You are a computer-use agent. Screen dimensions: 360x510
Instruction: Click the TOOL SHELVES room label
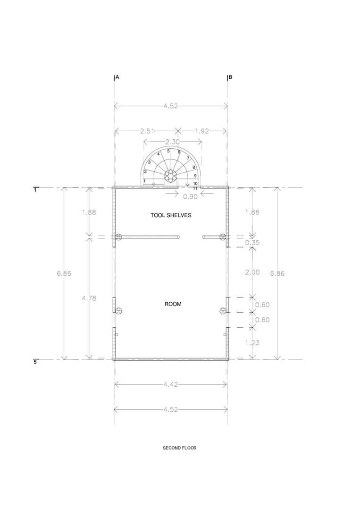click(171, 215)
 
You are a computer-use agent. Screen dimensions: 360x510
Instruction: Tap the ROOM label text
click(173, 304)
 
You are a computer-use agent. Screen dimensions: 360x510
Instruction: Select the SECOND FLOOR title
click(180, 448)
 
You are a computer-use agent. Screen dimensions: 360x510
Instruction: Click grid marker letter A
click(117, 77)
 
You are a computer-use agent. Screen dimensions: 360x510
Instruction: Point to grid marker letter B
click(230, 77)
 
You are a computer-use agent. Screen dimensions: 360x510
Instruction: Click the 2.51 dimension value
click(147, 131)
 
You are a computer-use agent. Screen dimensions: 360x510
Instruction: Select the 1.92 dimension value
click(202, 131)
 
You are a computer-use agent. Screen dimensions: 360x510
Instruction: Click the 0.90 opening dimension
click(191, 197)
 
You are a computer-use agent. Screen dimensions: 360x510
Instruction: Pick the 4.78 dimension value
click(89, 298)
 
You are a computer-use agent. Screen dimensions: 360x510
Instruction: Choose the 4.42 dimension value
click(171, 384)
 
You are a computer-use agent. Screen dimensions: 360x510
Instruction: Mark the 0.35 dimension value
click(252, 243)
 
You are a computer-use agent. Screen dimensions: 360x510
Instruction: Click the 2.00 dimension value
click(252, 272)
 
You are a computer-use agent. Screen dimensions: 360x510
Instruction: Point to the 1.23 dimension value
click(252, 342)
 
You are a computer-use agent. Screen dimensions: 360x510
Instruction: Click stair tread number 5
click(168, 151)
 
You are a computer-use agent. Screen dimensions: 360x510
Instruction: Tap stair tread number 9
click(195, 176)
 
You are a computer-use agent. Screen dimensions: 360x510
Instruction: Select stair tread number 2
click(145, 172)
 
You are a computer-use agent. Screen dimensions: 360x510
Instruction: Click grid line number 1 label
click(35, 190)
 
